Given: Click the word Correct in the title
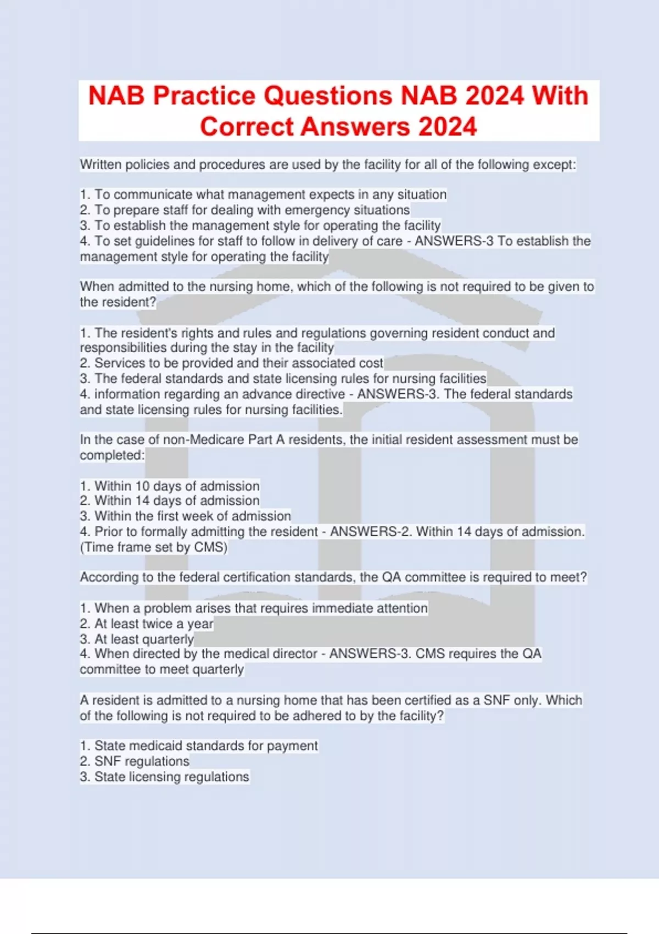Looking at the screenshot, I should point(247,127).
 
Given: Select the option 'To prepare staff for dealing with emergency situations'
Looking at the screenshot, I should point(252,210).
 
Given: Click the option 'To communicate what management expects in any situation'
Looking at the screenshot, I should point(270,194).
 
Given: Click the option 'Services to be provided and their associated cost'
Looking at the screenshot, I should point(238,363).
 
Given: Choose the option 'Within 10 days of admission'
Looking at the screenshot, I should point(177,486).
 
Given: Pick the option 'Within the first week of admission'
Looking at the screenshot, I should point(192,516).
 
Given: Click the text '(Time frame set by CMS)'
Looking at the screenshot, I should point(154,547).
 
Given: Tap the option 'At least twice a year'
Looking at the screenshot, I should point(154,624).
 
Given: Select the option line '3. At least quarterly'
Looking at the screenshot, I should point(137,639).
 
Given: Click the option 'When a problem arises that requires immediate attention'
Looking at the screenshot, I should point(261,608).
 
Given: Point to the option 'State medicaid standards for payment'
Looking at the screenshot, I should point(206,746).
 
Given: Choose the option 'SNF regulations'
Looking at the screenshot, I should point(142,761).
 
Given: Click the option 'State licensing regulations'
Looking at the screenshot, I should point(171,776).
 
